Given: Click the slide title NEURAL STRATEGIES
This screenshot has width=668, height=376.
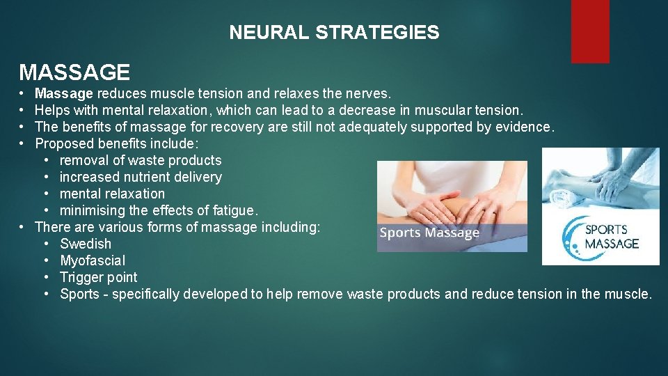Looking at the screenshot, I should pos(334,33).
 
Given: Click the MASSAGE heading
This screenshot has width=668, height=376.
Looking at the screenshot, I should pos(74,72).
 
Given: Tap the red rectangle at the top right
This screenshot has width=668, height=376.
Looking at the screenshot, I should pos(589,31).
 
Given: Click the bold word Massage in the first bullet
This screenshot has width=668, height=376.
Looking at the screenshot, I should pos(63,93).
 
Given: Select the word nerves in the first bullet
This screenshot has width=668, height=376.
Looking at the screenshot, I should pos(369,93).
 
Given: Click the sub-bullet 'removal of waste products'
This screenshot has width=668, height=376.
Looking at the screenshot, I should pos(140,160).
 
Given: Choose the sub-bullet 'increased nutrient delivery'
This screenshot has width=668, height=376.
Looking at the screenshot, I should pos(141,177).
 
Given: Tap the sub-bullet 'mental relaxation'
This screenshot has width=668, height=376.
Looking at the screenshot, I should pos(112,194).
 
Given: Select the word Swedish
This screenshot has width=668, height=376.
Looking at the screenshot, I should pos(86,244).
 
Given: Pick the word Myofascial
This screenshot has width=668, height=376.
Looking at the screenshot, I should pos(93,260).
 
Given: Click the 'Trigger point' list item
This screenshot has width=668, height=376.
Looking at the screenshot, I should pos(98,277).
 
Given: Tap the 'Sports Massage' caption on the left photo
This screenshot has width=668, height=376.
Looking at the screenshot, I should pos(429,233).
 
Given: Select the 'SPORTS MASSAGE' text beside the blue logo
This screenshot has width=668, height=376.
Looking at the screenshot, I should pos(611,237).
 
